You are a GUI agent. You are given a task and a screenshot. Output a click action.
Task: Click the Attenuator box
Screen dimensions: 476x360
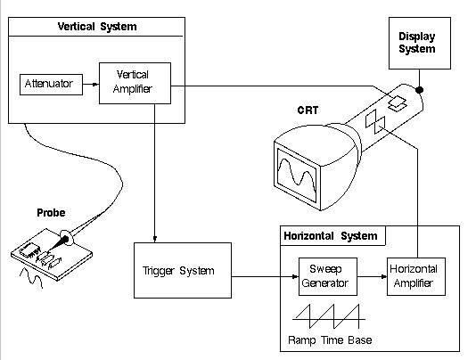pos(51,85)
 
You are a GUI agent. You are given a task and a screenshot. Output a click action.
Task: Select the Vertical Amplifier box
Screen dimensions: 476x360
pos(135,83)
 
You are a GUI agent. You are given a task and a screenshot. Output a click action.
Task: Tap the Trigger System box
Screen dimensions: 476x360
pos(183,270)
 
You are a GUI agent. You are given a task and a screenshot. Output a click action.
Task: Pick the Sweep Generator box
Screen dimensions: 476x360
pos(328,276)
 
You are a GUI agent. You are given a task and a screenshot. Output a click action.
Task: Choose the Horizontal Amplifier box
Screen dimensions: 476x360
pos(416,276)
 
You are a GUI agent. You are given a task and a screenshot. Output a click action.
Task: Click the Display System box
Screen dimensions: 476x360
pos(420,43)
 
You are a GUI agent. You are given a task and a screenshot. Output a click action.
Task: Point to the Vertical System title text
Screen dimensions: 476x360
pos(97,27)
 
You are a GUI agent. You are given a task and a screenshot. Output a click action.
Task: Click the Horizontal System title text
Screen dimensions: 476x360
pos(331,236)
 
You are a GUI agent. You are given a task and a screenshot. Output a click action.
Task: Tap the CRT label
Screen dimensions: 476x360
pos(308,110)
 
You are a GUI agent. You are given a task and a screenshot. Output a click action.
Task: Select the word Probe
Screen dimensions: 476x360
pos(51,212)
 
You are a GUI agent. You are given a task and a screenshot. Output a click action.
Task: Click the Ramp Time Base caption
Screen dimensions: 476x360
pos(330,340)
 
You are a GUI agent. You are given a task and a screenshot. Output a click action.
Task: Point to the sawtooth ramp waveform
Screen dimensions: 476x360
pos(329,316)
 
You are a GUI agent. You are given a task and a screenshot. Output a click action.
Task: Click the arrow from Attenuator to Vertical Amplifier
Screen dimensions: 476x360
pos(91,84)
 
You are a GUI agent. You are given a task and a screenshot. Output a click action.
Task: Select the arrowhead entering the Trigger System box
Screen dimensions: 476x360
pos(155,239)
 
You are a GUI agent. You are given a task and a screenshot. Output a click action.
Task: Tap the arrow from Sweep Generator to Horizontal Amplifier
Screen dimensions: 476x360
pos(372,276)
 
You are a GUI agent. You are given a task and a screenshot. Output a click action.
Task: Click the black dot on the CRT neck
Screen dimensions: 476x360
pos(419,90)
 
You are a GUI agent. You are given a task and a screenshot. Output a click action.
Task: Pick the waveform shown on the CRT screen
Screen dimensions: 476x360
pos(297,176)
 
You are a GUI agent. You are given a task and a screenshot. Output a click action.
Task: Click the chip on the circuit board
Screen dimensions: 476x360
pos(29,250)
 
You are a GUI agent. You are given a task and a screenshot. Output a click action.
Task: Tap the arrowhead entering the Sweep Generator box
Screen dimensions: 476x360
pos(295,276)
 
